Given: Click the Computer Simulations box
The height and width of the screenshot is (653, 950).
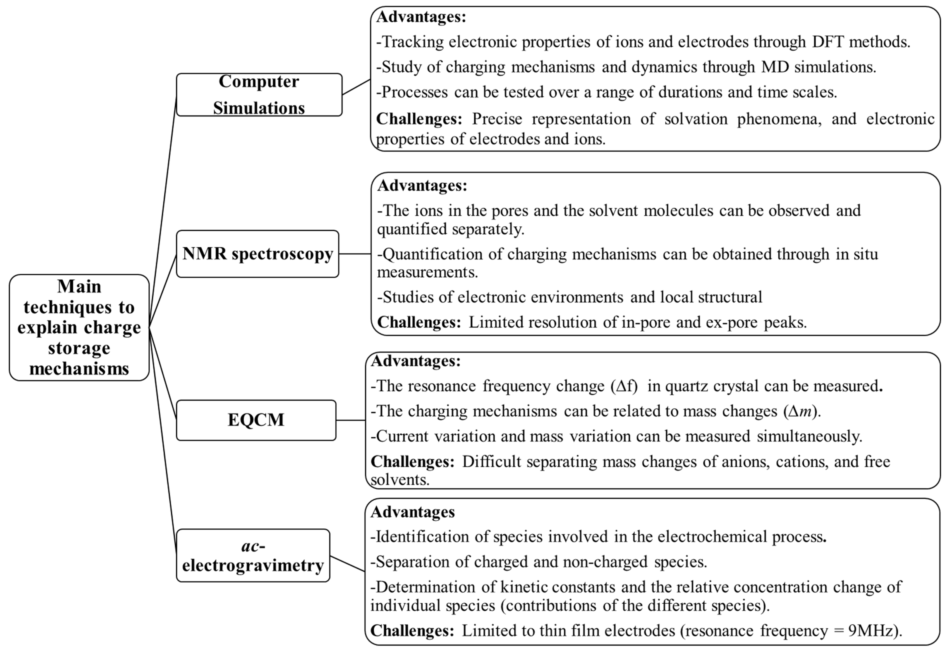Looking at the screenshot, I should (259, 94).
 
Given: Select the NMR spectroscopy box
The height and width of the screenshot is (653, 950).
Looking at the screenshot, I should (257, 254).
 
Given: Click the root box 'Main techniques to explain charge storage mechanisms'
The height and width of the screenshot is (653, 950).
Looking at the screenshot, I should (79, 327).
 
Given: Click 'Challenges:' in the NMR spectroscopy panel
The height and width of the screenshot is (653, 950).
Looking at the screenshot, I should (419, 322).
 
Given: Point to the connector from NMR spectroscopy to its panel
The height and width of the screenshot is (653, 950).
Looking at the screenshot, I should (355, 254).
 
